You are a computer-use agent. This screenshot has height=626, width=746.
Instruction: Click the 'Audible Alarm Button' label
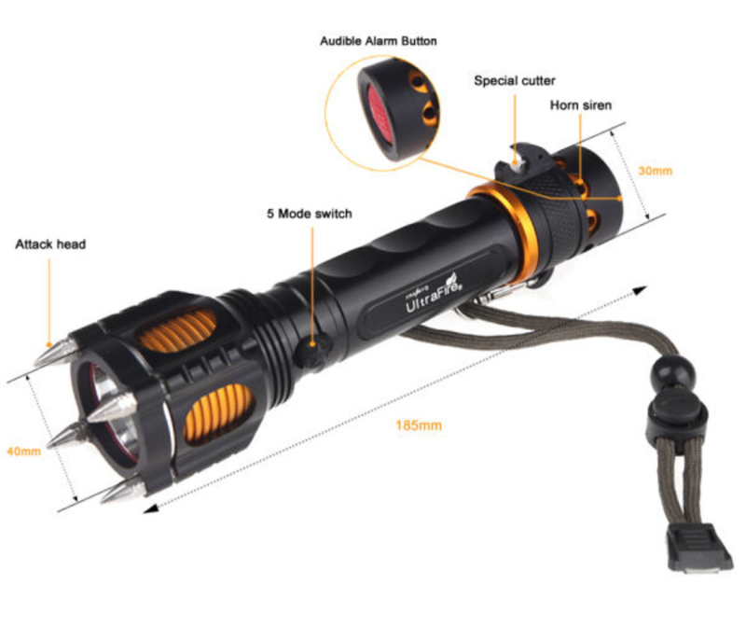pos(379,41)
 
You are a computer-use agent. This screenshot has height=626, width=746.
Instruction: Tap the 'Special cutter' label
pos(515,80)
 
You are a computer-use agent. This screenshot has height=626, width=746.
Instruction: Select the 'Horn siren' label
pos(580,104)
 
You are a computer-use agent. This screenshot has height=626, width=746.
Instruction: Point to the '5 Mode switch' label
pos(310,214)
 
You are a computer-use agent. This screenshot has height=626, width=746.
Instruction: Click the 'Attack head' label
pos(50,244)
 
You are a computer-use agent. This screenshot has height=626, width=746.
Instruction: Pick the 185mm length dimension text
pos(419,425)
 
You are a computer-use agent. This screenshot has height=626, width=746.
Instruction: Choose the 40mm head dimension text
pos(24,451)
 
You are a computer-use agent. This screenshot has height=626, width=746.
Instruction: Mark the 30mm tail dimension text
pos(656,171)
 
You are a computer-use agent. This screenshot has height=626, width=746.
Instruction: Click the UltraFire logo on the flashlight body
pos(434,295)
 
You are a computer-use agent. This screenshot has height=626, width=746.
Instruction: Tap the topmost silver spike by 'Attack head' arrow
pos(56,353)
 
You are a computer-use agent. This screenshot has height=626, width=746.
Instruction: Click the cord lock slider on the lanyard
pos(675,413)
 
